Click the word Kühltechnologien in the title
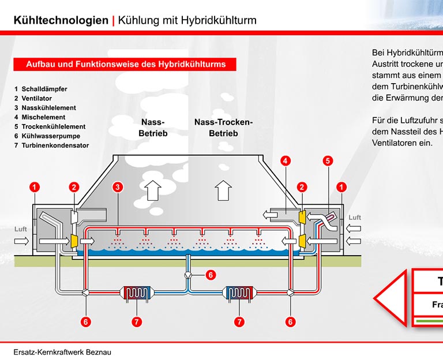[x=61, y=21]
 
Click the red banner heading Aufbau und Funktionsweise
[x=125, y=65]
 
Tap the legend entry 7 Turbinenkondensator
[x=51, y=145]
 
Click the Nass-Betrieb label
[x=153, y=127]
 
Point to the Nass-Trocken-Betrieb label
[x=223, y=127]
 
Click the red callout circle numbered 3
[x=117, y=187]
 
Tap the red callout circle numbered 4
[x=286, y=161]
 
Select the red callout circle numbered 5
[x=328, y=161]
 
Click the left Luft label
[x=21, y=229]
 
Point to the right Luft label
[x=354, y=217]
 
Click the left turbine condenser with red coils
[x=137, y=293]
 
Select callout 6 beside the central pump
[x=211, y=275]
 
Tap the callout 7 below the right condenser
[x=239, y=322]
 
